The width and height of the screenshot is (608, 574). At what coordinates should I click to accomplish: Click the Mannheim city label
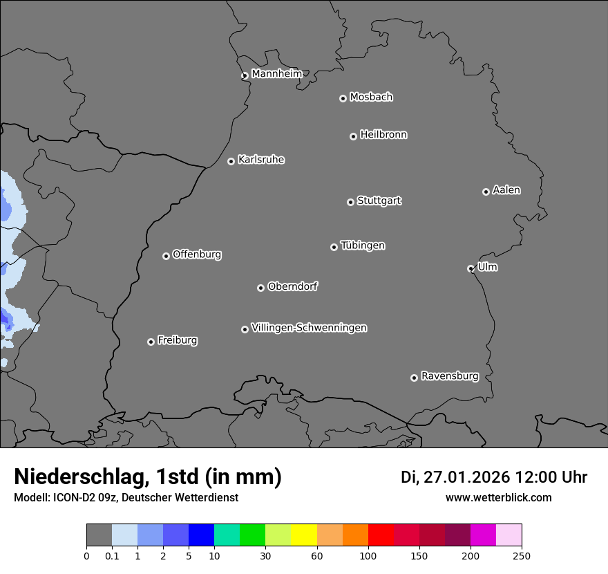click(276, 74)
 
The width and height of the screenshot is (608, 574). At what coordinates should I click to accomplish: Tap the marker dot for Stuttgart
click(350, 202)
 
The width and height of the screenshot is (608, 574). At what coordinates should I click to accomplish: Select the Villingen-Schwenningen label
click(309, 328)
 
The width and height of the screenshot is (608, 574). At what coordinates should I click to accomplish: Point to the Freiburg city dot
click(151, 342)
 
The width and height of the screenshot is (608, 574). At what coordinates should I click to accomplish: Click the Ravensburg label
click(450, 376)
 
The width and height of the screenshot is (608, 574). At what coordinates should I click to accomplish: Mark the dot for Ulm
click(471, 268)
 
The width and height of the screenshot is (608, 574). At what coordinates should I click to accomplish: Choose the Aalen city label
click(506, 190)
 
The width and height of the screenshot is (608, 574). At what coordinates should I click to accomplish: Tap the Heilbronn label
click(383, 135)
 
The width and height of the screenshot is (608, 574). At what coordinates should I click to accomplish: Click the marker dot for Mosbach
click(343, 98)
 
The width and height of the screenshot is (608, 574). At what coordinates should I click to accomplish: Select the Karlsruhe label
click(261, 160)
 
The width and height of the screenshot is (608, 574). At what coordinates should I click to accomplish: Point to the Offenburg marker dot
click(166, 256)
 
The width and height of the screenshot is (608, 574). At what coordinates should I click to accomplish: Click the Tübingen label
click(363, 246)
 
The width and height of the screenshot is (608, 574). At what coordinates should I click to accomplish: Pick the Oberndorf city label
click(293, 286)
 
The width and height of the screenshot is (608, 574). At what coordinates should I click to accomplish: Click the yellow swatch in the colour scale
click(304, 535)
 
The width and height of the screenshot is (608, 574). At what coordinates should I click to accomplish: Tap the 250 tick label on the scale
click(522, 555)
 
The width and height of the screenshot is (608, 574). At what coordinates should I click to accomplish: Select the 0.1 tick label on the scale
click(112, 555)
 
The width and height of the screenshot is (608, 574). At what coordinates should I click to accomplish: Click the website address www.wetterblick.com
click(498, 498)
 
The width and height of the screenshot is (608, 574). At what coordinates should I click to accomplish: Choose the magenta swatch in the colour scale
click(483, 535)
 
